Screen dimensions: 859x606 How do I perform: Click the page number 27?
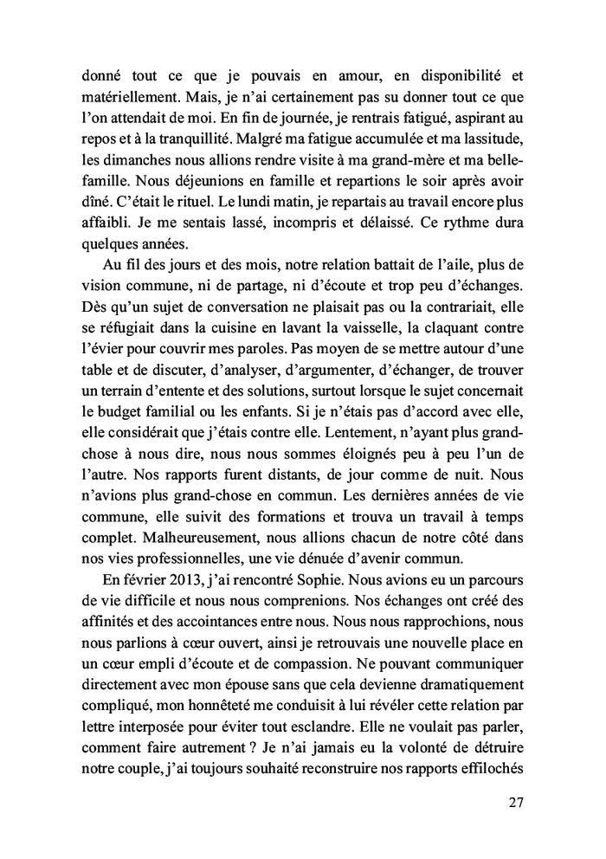pyautogui.click(x=516, y=801)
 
